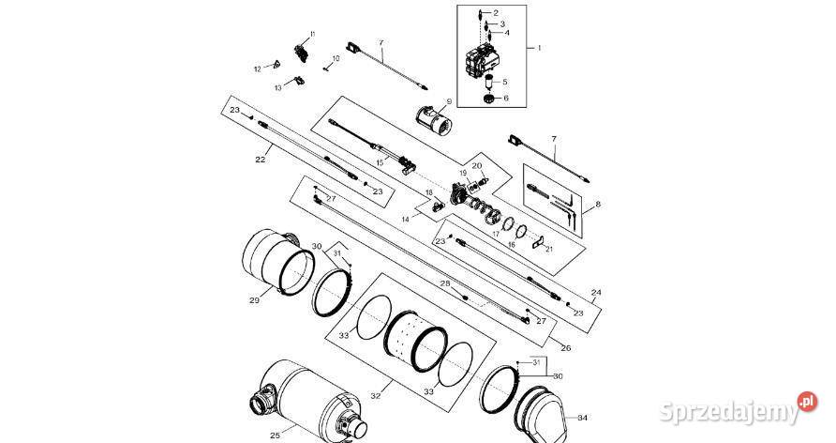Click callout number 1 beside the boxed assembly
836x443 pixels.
(539, 48)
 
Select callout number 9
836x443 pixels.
(449, 100)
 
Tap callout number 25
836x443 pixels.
(275, 435)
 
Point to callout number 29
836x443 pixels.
(254, 300)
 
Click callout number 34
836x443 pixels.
(582, 418)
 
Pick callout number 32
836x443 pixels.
(376, 396)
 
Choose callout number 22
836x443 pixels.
(261, 159)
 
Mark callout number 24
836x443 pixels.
(596, 293)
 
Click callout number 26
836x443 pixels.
(566, 348)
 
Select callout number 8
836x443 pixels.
(598, 204)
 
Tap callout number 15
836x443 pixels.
(379, 162)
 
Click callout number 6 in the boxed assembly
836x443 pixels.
(505, 99)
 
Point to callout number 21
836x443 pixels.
(549, 249)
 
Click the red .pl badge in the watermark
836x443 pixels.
(808, 402)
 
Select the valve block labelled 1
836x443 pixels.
(483, 61)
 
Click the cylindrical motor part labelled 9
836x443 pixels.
(433, 121)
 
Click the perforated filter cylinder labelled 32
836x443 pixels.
(415, 340)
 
